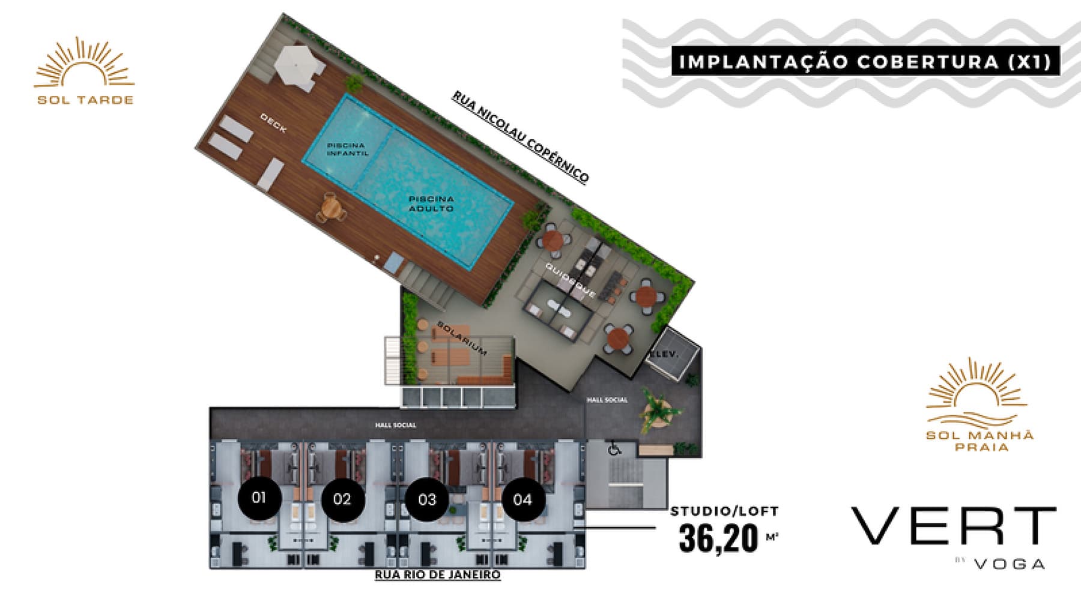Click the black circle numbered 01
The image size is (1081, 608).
pos(259,498)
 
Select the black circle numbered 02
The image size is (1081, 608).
pos(342,499)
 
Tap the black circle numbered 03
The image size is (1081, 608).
pos(427,499)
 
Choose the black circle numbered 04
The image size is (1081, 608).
pos(522,499)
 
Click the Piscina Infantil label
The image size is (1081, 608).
pos(347,149)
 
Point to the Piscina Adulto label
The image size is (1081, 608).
pos(431,203)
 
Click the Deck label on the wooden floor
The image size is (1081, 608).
pos(273,123)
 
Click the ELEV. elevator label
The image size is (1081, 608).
pos(664,354)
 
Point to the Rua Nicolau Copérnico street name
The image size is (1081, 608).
pos(521,137)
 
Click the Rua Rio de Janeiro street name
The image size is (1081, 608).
pos(438,574)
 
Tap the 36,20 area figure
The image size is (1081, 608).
pos(719,538)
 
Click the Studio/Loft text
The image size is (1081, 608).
pos(724,511)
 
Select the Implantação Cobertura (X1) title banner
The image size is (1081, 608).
pos(865,62)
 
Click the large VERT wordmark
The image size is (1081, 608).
pos(953,526)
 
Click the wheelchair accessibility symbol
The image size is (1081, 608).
pos(614,448)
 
